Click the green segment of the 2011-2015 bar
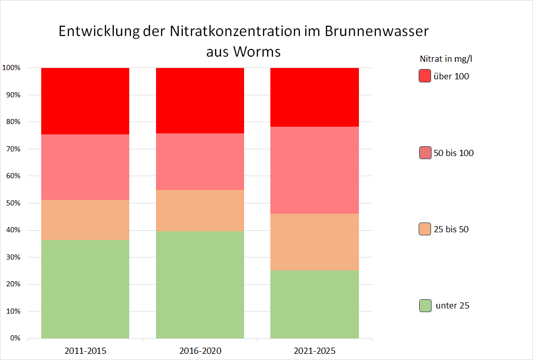pyautogui.click(x=85, y=289)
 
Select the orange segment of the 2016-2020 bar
pyautogui.click(x=200, y=211)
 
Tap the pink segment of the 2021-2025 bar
pyautogui.click(x=315, y=170)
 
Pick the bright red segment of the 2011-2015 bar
pyautogui.click(x=85, y=101)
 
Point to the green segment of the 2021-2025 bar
pyautogui.click(x=315, y=304)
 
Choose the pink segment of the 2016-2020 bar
pyautogui.click(x=200, y=162)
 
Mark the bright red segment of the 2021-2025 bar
pyautogui.click(x=315, y=97)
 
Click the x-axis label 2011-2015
pyautogui.click(x=85, y=351)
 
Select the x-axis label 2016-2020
pyautogui.click(x=200, y=351)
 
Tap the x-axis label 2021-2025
pyautogui.click(x=315, y=351)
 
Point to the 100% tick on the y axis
pyautogui.click(x=11, y=68)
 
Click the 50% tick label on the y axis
pyautogui.click(x=12, y=203)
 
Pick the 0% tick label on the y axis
pyautogui.click(x=14, y=338)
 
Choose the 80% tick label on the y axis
pyautogui.click(x=12, y=122)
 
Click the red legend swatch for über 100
pyautogui.click(x=424, y=76)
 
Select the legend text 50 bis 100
pyautogui.click(x=453, y=153)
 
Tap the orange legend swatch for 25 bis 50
pyautogui.click(x=424, y=229)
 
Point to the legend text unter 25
pyautogui.click(x=452, y=305)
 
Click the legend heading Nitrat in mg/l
pyautogui.click(x=446, y=59)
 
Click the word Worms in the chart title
pyautogui.click(x=257, y=52)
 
